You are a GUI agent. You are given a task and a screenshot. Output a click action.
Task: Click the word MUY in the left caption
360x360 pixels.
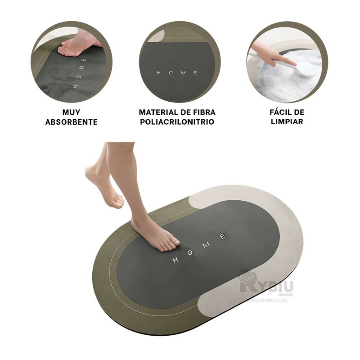(71, 112)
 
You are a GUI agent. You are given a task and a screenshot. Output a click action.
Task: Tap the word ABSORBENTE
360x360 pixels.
(72, 122)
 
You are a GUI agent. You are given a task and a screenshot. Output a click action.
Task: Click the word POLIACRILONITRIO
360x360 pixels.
(177, 121)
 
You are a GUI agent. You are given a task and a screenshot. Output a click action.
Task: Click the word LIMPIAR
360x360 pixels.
(287, 121)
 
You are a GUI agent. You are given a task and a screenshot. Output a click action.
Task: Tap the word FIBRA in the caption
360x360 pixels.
(204, 112)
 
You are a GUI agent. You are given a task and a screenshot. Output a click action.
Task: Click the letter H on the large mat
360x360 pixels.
(175, 260)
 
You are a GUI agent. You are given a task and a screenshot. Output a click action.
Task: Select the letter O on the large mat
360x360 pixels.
(190, 253)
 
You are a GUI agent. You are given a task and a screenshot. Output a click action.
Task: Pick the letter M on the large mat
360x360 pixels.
(206, 245)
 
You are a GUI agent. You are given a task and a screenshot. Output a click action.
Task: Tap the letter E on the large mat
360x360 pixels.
(223, 236)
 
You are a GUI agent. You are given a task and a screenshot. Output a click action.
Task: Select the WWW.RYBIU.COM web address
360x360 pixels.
(267, 300)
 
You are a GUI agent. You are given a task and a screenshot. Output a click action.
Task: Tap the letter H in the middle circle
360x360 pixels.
(159, 73)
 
